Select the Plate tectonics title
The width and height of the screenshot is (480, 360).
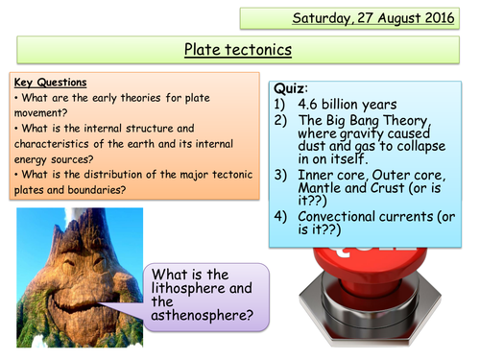click(239, 51)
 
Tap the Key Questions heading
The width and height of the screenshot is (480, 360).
click(47, 84)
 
